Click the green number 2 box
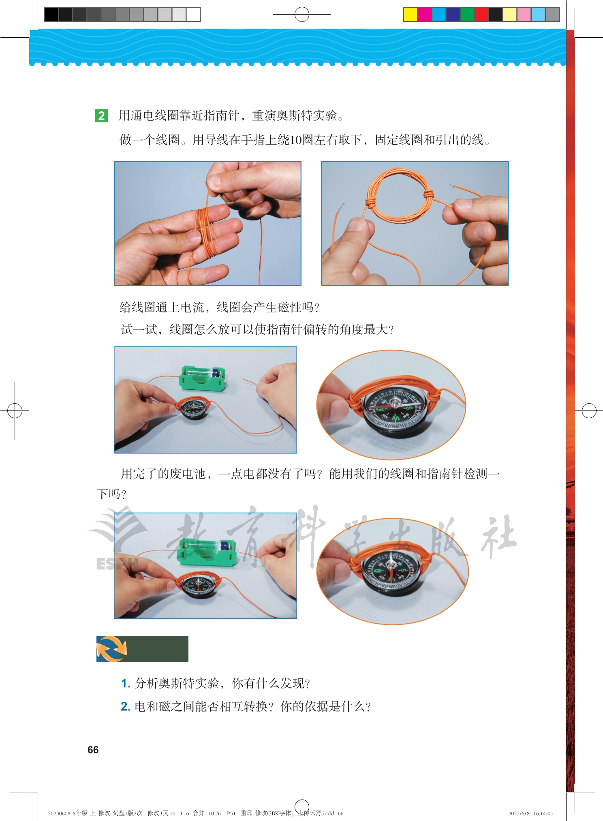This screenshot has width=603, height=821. click(101, 115)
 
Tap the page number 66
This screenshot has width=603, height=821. click(93, 750)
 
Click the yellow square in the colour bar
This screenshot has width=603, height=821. click(410, 15)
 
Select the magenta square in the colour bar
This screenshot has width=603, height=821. click(424, 15)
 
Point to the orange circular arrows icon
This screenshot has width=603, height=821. click(111, 649)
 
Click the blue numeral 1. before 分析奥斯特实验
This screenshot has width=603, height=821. click(126, 684)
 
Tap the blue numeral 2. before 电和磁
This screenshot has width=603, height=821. click(126, 707)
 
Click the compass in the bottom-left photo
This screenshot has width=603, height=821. click(198, 584)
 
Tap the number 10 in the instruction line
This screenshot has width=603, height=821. click(296, 140)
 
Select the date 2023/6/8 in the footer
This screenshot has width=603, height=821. click(519, 813)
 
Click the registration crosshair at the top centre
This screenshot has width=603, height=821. click(302, 15)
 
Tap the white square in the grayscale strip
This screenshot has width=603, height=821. click(193, 15)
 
